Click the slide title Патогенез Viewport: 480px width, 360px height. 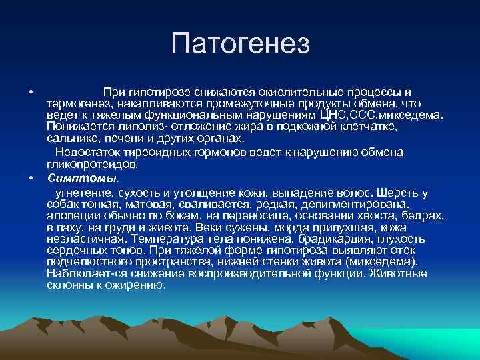[240, 44]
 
